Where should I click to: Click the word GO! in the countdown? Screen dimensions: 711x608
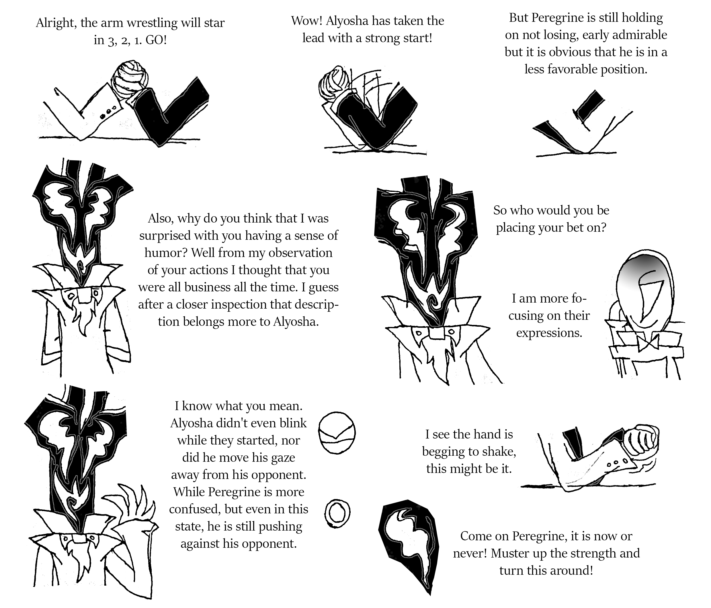click(x=156, y=40)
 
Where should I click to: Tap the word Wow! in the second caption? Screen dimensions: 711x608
click(x=306, y=21)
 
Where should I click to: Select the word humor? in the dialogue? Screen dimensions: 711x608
click(x=166, y=253)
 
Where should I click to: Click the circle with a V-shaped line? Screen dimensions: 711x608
click(x=336, y=434)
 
